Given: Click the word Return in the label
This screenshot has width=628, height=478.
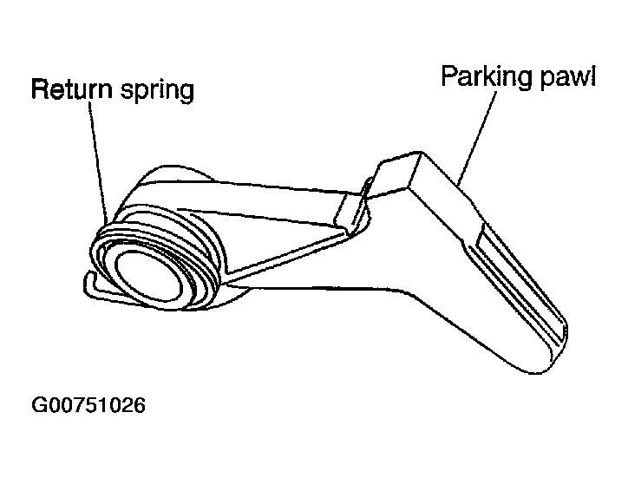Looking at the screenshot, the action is click(72, 89).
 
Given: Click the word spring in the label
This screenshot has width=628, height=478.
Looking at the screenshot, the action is click(157, 90).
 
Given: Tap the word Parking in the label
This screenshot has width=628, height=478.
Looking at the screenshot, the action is click(487, 76).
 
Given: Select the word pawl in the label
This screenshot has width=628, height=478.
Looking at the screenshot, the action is click(568, 76).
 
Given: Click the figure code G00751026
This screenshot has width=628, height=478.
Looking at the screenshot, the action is click(88, 405).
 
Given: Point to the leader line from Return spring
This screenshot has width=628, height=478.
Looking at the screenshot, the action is click(99, 160).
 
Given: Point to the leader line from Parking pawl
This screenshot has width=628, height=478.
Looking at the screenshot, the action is click(476, 138).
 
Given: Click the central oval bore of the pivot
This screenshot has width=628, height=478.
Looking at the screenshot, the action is click(149, 276).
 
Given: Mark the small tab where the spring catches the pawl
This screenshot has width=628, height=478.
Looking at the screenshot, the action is click(352, 208).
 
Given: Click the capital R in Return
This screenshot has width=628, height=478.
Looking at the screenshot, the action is click(40, 89).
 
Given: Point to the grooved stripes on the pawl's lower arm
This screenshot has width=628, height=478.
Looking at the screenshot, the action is click(520, 280).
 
